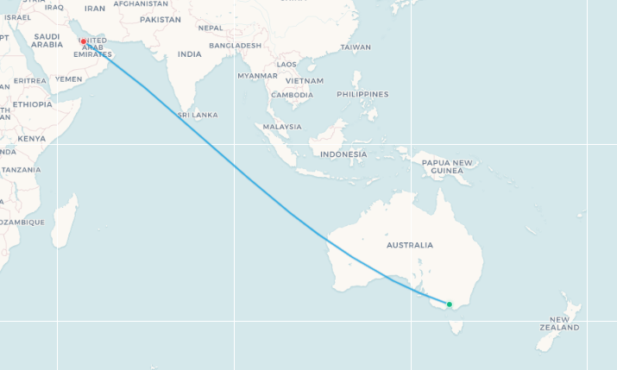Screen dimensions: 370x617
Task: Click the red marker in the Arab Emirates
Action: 84,41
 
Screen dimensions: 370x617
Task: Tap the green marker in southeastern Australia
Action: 449,304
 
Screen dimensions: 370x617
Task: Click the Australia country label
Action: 409,245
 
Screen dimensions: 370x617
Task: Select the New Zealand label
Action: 558,323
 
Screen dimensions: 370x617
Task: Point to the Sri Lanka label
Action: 197,115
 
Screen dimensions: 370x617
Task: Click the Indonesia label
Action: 343,154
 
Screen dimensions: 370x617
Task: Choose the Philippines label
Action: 362,94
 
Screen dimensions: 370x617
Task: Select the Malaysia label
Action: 282,127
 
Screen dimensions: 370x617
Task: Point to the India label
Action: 189,53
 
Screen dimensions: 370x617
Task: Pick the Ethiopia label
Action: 32,104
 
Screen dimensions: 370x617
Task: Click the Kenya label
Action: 31,138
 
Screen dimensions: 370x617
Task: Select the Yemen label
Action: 68,78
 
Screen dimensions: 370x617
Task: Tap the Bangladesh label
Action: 235,45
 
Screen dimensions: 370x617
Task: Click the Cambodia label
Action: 292,95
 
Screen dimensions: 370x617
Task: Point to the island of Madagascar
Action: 64,219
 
